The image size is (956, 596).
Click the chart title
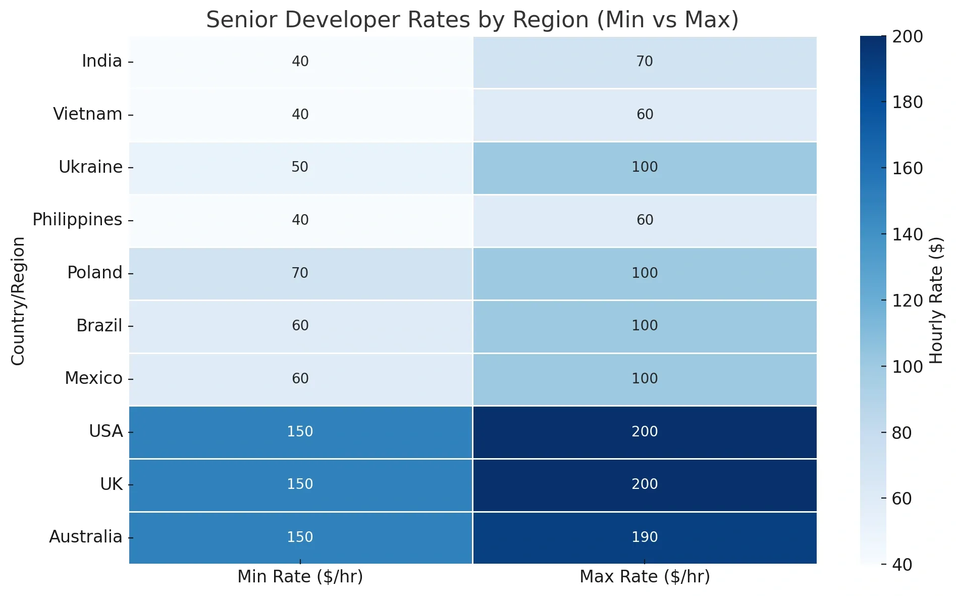pos(472,20)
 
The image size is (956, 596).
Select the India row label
pos(101,61)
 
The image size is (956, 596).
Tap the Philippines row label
pos(77,220)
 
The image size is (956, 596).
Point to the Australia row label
pos(85,537)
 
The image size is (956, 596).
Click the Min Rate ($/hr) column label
pos(300,577)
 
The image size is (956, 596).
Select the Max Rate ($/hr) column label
pos(645,577)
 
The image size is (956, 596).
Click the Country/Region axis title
pos(18,301)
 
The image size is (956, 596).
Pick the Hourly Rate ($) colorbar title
pos(936,301)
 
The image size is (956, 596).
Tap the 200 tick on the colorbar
pos(907,37)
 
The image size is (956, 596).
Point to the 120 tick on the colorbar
pos(907,301)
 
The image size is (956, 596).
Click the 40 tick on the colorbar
pos(901,565)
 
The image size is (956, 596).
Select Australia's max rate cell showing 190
pos(645,537)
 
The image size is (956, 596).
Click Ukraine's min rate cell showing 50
pos(300,167)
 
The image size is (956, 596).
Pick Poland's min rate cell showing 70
pos(300,273)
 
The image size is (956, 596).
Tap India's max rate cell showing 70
pos(645,62)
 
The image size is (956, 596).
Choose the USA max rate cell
pos(645,432)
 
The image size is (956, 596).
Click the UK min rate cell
pos(300,484)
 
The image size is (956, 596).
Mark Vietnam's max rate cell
pos(645,115)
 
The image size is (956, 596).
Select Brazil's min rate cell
pos(300,326)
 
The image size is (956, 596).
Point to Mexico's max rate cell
pos(645,379)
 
